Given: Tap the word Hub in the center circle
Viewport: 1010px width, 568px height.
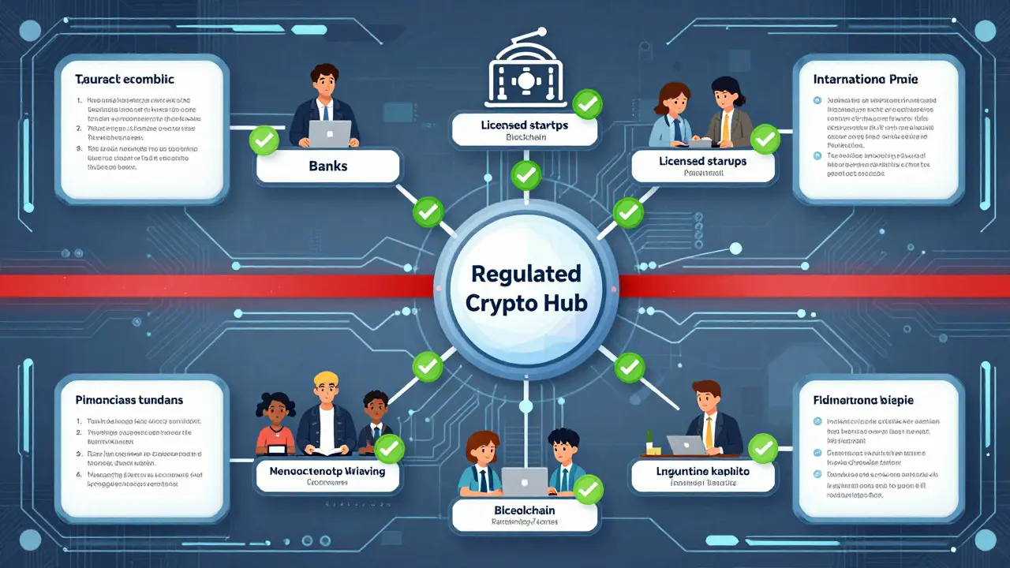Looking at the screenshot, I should pos(565,304).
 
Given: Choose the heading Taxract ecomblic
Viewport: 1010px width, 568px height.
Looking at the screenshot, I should pos(125,79).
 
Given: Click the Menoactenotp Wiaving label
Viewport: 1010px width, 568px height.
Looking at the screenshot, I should pos(327,471).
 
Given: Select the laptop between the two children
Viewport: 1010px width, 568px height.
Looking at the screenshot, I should pos(525,480).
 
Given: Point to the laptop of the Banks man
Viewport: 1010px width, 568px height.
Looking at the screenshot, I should pos(329,133).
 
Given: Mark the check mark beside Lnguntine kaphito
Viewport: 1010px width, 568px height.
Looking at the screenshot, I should pos(763,450).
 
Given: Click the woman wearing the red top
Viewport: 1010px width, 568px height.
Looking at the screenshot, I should pos(275,422).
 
